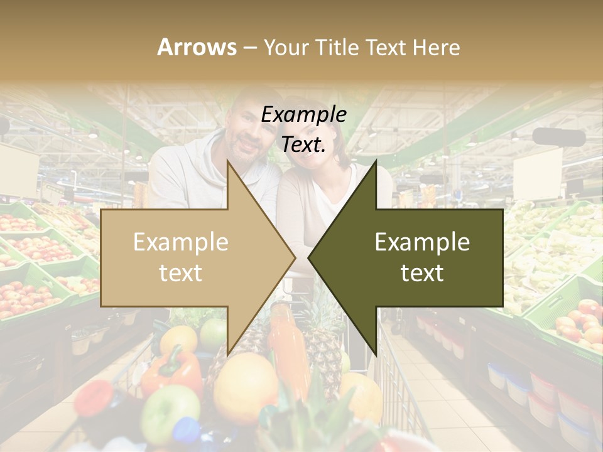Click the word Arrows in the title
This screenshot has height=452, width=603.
(x=197, y=47)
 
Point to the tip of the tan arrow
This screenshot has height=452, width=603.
(x=293, y=257)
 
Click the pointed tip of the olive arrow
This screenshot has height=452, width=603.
(x=310, y=257)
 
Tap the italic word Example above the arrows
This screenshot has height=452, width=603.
(x=304, y=114)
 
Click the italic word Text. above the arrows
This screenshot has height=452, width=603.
(x=304, y=144)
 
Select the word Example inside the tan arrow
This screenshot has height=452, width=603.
(x=180, y=242)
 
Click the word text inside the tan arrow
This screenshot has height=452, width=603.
(x=180, y=273)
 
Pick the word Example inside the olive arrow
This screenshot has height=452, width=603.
(x=422, y=242)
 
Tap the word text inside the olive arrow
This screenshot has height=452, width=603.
(x=422, y=273)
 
